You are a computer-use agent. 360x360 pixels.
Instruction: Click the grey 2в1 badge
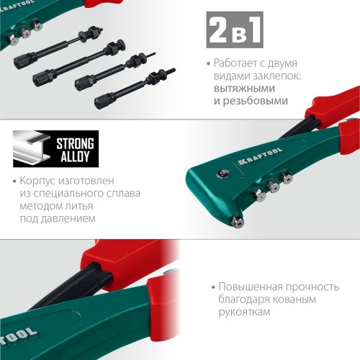coord(235,30)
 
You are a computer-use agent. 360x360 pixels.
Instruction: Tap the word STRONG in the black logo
coord(75,143)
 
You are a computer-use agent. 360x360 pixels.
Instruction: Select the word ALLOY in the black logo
coord(75,156)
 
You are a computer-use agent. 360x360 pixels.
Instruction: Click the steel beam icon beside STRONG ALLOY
coord(32,148)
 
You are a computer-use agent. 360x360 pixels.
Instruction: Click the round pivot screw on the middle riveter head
coord(223,173)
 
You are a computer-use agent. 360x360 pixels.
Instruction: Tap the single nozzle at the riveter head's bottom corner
coord(237,221)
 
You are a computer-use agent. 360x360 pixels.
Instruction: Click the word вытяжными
coord(244,89)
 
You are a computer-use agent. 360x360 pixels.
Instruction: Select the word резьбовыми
coord(255,101)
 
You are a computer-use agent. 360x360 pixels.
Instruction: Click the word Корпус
coord(37,181)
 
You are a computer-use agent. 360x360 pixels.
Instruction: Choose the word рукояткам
coord(244,312)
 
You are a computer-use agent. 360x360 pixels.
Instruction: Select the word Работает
coord(232,63)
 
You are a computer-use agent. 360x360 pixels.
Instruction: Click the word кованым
coord(294,300)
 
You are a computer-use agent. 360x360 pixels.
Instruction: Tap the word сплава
coord(123,194)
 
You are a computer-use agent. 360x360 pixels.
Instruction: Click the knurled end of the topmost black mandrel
coord(23,62)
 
